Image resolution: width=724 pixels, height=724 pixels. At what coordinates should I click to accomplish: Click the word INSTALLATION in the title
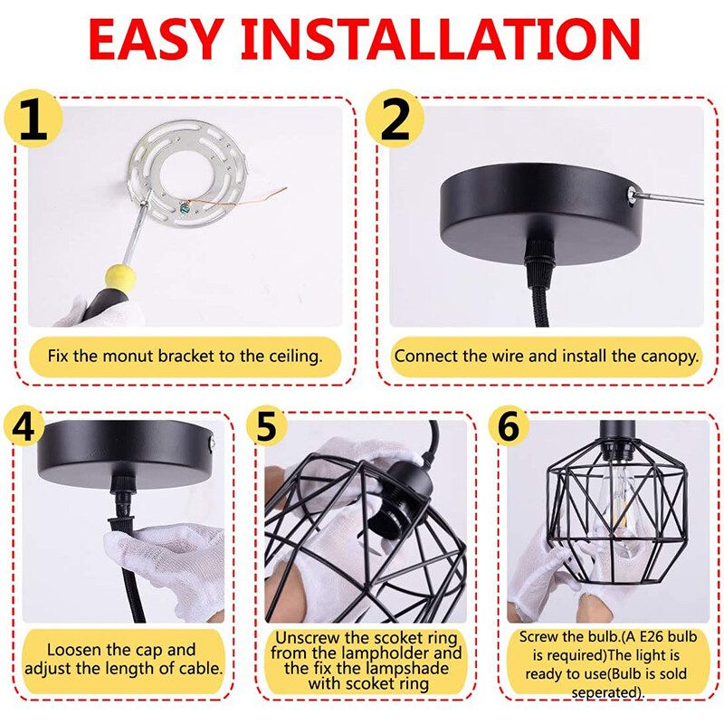441,40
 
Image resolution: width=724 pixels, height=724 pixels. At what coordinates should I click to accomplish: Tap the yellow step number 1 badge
33,119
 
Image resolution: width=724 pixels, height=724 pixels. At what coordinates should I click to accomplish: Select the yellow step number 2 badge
395,119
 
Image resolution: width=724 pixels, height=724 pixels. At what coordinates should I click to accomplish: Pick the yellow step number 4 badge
24,427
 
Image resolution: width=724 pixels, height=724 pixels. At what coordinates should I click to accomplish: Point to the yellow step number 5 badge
266,427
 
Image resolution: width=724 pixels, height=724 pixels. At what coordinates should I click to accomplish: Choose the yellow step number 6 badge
509,427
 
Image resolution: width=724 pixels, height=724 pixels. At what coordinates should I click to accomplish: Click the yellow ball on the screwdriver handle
120,277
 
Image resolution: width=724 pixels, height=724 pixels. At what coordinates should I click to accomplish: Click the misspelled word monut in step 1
128,356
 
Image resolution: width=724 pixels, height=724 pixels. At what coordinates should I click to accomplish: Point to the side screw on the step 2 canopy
631,195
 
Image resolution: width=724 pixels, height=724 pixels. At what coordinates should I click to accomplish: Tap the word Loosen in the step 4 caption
74,649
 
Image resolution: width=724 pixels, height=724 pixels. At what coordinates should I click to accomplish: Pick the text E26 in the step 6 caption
653,637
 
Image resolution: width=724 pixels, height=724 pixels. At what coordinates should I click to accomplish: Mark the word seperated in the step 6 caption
605,692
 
